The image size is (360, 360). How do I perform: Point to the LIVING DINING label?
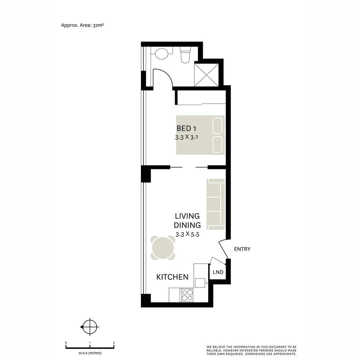(187, 220)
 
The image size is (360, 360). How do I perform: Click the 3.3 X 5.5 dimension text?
(187, 234)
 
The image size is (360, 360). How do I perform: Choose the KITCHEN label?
(172, 277)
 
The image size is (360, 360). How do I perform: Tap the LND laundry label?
(218, 272)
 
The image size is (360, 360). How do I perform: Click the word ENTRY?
(242, 249)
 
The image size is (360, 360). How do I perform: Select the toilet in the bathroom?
(185, 55)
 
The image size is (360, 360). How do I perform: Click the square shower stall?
(207, 75)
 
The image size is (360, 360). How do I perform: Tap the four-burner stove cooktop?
(187, 295)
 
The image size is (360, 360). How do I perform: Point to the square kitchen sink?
(200, 283)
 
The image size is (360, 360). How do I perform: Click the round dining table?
(163, 248)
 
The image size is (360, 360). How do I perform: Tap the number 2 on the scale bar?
(114, 343)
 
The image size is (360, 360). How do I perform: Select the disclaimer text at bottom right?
(251, 350)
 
